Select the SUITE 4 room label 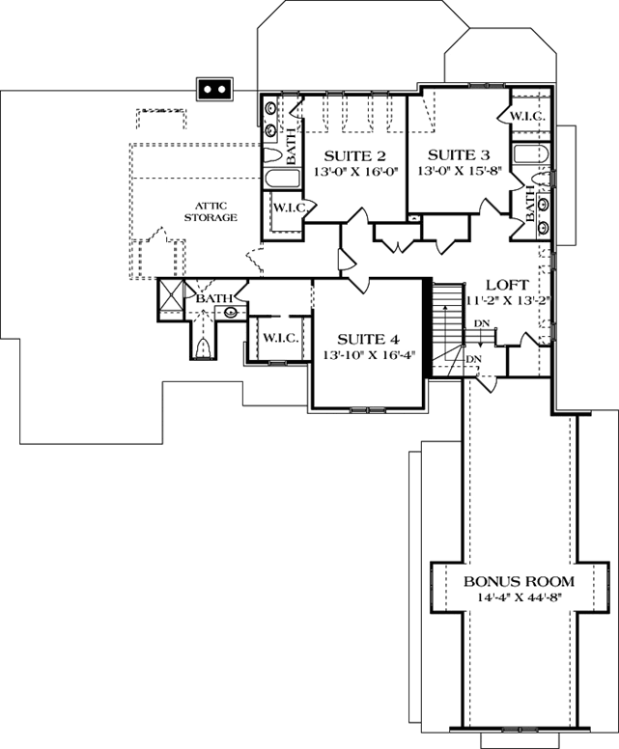pos(368,339)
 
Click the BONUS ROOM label pos(519,582)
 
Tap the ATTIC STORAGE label pos(211,212)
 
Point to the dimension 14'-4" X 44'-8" pos(519,598)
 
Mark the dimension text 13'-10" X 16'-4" pos(368,355)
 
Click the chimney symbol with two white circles pos(212,89)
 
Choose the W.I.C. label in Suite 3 pos(527,116)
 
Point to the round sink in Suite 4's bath pos(232,312)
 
